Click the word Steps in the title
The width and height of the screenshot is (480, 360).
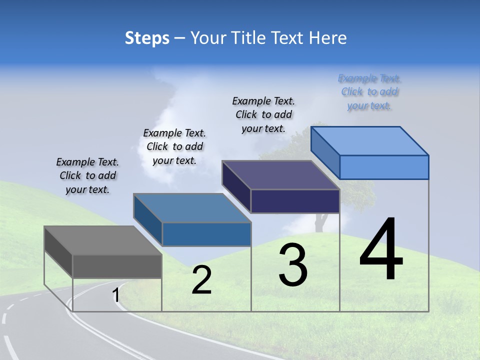pos(147,38)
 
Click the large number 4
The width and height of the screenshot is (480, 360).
pos(381,250)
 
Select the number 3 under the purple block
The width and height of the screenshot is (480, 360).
pos(293,265)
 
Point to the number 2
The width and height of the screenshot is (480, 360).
pos(201,280)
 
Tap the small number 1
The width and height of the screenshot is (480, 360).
pos(116,295)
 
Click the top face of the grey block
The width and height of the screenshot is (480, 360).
pos(103,240)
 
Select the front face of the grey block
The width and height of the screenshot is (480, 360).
pos(117,266)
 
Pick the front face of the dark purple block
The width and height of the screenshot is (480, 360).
pos(295,201)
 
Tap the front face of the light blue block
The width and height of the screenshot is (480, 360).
pos(384,167)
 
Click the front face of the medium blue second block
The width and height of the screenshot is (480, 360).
pos(206,234)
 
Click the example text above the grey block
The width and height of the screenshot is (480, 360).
pos(87,176)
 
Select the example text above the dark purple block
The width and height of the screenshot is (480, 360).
pos(263,115)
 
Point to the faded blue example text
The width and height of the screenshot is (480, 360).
pos(369,92)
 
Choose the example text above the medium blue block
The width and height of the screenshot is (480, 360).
pos(174,146)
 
